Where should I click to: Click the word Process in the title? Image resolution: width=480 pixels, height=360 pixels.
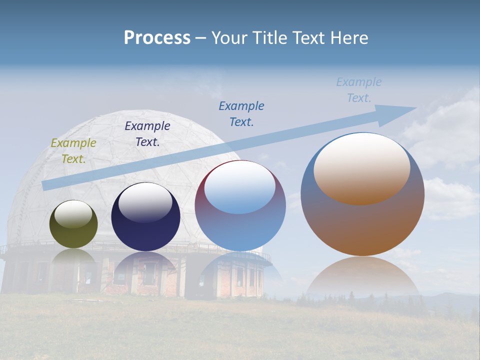click(x=157, y=38)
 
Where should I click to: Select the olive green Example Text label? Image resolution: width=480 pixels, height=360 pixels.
click(x=73, y=151)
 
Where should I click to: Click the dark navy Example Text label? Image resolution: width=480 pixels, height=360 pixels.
click(x=147, y=134)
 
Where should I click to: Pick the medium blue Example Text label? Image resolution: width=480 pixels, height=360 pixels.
click(x=241, y=113)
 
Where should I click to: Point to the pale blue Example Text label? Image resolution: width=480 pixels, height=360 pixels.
click(x=359, y=90)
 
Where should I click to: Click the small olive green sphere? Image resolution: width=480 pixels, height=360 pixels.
click(x=73, y=235)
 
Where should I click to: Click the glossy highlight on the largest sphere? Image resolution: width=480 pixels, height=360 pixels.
click(x=362, y=167)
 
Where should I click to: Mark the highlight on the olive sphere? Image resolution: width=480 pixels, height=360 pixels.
click(x=73, y=214)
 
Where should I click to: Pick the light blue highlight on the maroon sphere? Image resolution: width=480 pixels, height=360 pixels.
click(x=240, y=188)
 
